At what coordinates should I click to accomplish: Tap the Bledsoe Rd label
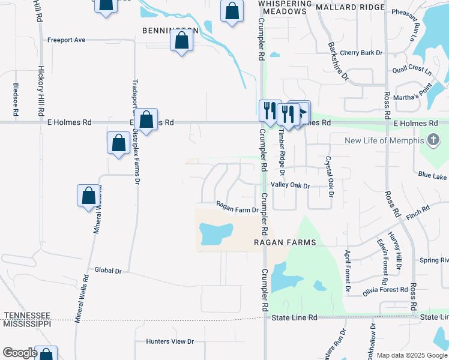(16, 100)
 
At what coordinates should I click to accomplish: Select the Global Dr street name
(108, 271)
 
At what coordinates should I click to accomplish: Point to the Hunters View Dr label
(170, 341)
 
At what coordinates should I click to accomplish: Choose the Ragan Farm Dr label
(237, 210)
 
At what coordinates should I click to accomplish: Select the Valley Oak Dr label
(290, 186)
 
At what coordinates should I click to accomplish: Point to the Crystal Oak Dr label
(328, 170)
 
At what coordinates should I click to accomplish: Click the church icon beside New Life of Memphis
(433, 141)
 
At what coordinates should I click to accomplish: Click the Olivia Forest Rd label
(386, 290)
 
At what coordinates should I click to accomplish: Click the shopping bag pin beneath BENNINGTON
(181, 41)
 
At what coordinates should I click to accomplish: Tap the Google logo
(20, 353)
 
